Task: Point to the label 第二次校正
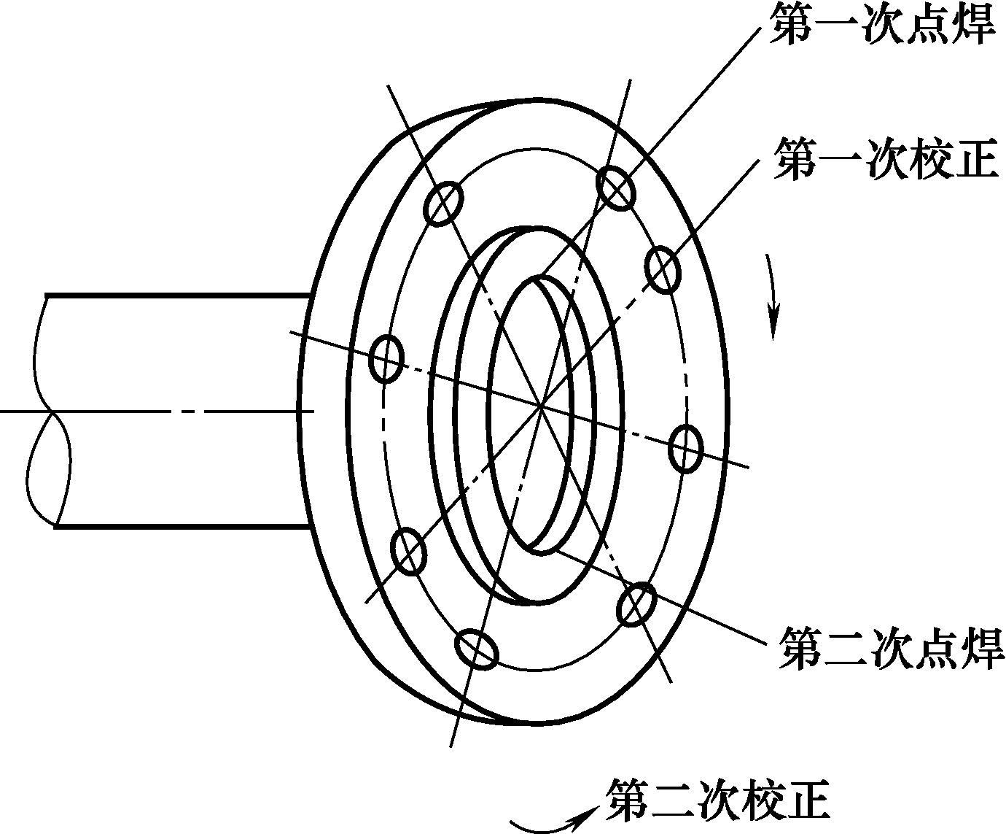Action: [x=717, y=800]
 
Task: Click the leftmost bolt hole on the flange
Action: [x=386, y=358]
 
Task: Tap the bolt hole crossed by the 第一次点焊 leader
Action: [x=616, y=188]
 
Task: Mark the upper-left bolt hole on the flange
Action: [x=445, y=202]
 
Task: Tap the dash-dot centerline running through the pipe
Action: [x=182, y=412]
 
